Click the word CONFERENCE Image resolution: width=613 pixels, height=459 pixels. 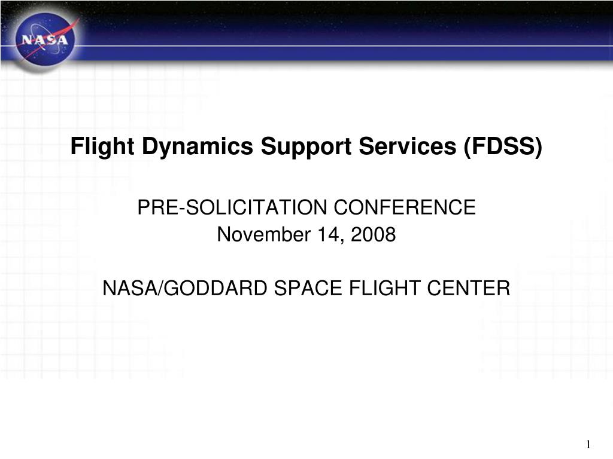click(404, 208)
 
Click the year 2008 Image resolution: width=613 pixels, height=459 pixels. click(374, 235)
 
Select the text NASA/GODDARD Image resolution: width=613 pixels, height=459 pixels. click(186, 289)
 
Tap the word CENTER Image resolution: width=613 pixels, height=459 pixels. click(468, 289)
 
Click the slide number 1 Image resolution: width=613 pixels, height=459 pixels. click(588, 445)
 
